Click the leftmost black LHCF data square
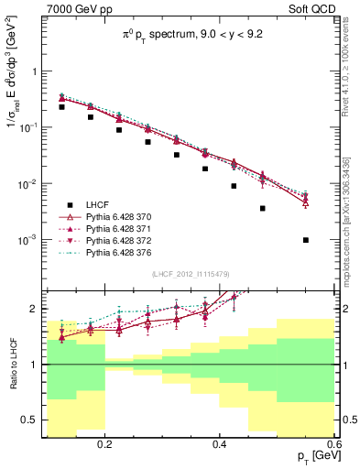[61, 107]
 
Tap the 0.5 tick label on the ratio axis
[32, 420]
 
